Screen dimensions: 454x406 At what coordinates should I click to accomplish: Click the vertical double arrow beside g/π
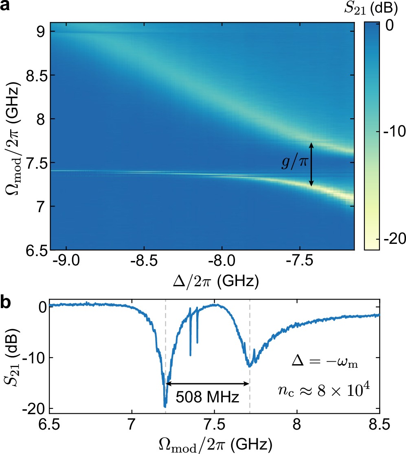tap(311, 165)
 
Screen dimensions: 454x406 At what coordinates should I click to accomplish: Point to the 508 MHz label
tap(207, 397)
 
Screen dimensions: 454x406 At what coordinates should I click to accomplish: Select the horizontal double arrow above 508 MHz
tap(208, 383)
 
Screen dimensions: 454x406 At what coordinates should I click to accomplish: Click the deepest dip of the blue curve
tap(165, 406)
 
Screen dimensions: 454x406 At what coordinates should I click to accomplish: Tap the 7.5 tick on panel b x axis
tap(214, 425)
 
